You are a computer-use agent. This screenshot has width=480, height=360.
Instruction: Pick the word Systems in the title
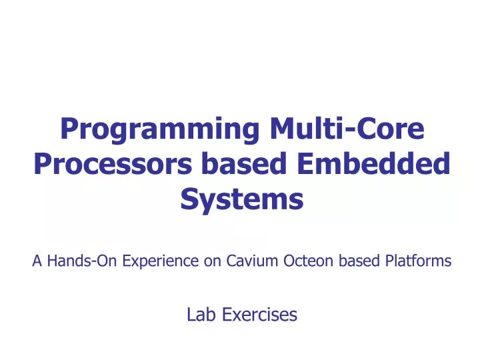[x=242, y=199]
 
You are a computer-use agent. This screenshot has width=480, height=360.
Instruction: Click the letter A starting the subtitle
[x=37, y=261]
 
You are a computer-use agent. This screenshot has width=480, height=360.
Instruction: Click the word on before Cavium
[x=213, y=261]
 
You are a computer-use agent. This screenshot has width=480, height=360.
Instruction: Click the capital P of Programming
[x=68, y=129]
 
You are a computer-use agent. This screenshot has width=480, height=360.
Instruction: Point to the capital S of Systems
[x=189, y=199]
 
